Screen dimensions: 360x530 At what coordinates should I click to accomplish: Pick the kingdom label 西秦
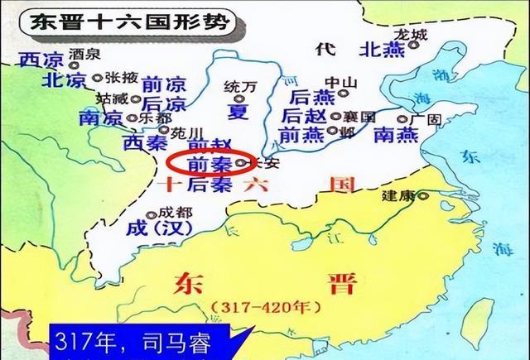[x=146, y=142]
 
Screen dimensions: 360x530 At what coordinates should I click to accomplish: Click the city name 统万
[x=236, y=86]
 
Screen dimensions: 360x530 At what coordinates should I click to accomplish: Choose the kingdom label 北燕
[x=381, y=50]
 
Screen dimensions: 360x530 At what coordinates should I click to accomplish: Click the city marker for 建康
[x=424, y=196]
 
